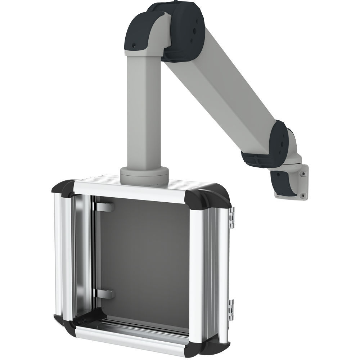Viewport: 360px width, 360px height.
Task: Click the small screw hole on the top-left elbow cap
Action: tap(134, 45)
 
